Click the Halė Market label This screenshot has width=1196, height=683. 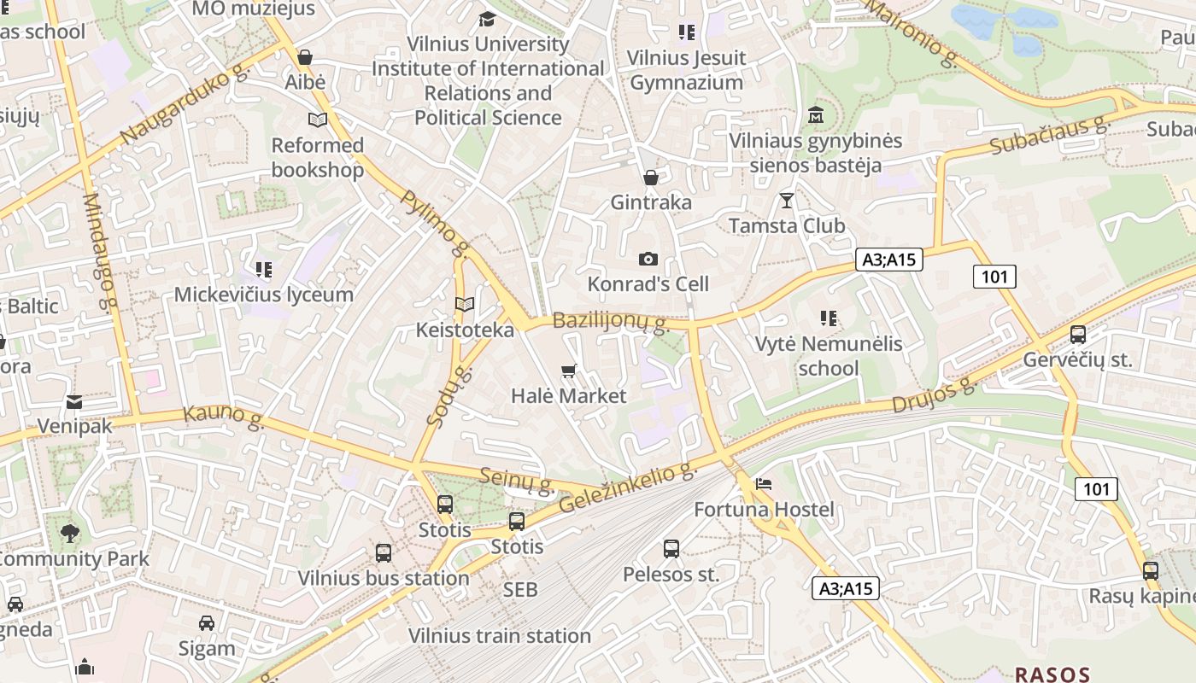click(x=568, y=396)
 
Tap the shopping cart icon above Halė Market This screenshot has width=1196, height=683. click(x=568, y=371)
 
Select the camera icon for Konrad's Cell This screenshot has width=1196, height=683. click(x=648, y=259)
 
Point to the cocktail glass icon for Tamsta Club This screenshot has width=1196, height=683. click(x=786, y=201)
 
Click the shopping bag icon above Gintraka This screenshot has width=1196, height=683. click(x=651, y=178)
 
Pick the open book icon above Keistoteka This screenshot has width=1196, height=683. click(x=465, y=305)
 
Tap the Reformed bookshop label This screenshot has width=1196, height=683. click(x=318, y=157)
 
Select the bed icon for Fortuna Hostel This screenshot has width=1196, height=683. click(x=763, y=484)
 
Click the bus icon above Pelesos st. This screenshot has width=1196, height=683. click(x=671, y=549)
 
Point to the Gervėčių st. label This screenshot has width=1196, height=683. click(x=1078, y=359)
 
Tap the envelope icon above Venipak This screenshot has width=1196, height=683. click(x=74, y=401)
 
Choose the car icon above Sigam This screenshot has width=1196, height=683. click(x=207, y=623)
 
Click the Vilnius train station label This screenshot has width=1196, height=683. click(x=499, y=636)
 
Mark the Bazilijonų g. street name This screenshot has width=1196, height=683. click(x=609, y=322)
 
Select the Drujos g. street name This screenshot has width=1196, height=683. click(x=933, y=395)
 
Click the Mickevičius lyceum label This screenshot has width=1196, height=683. click(x=263, y=295)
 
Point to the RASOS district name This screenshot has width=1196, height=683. click(x=1052, y=674)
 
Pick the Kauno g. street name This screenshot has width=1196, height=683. click(x=223, y=417)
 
